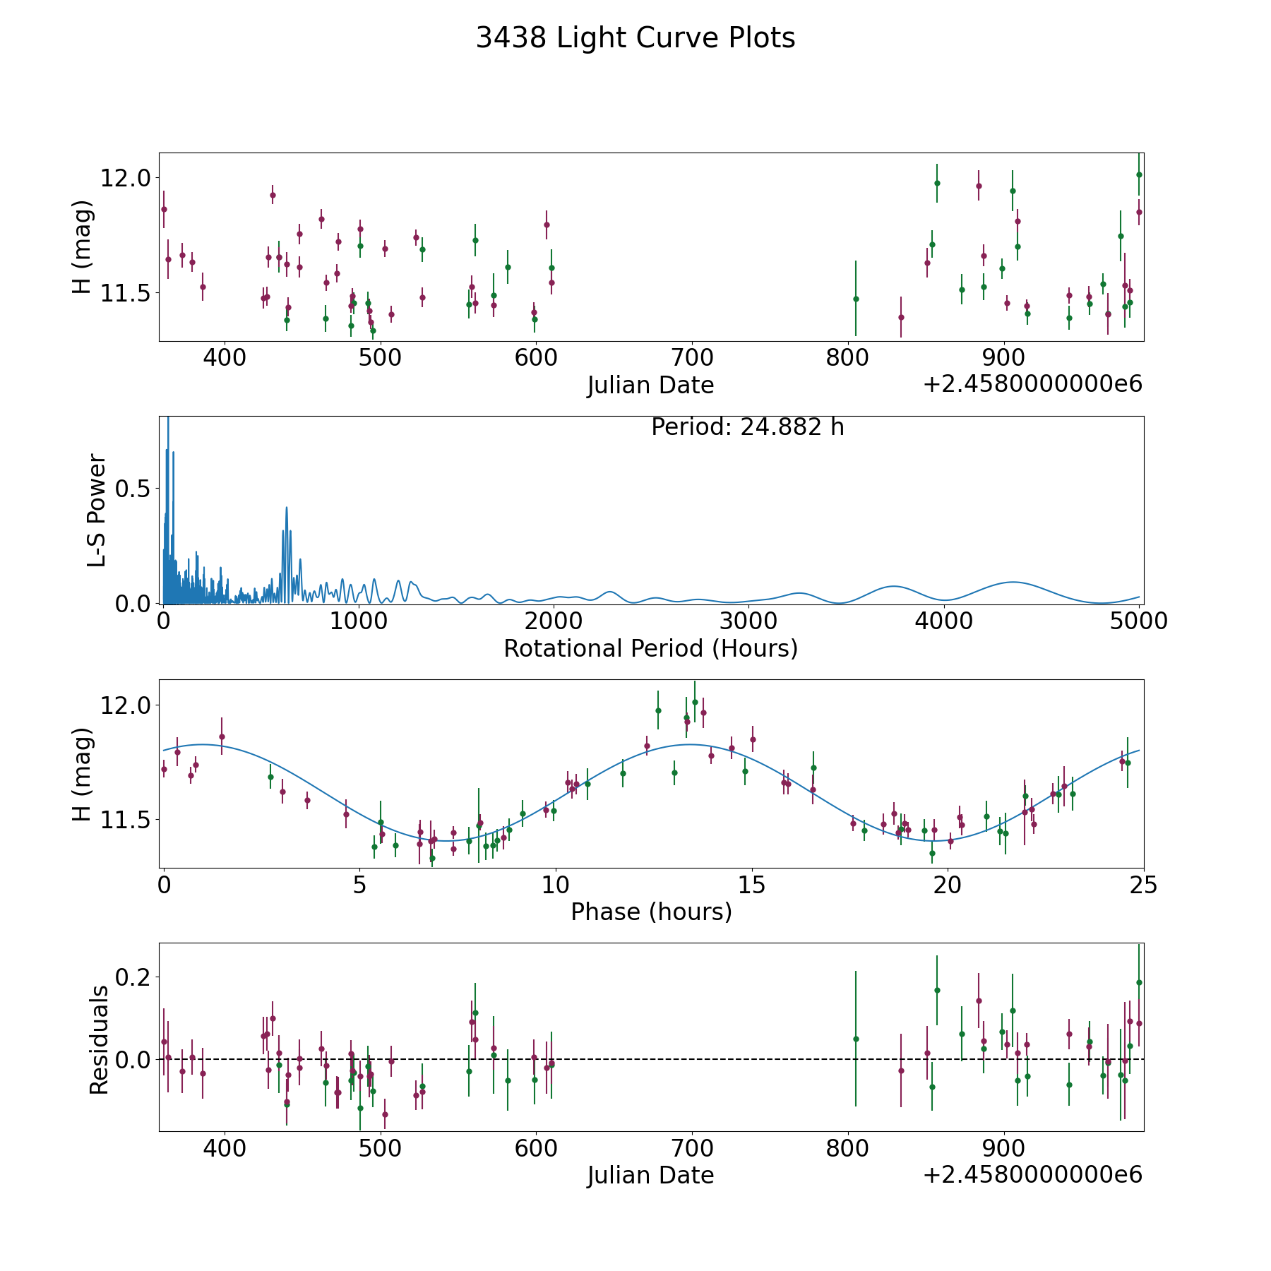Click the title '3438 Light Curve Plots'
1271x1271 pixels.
pyautogui.click(x=635, y=38)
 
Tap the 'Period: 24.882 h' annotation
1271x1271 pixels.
pyautogui.click(x=747, y=427)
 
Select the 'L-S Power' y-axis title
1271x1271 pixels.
pyautogui.click(x=97, y=511)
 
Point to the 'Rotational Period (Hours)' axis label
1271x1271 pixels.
pyautogui.click(x=650, y=648)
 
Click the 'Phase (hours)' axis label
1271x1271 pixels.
pyautogui.click(x=651, y=912)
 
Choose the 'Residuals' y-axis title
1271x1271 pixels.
pyautogui.click(x=99, y=1039)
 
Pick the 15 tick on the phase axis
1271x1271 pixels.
pyautogui.click(x=752, y=885)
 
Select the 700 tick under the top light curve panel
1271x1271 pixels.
pyautogui.click(x=692, y=358)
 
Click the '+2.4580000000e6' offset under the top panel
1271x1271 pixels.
pyautogui.click(x=1032, y=384)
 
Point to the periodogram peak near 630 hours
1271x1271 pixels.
pyautogui.click(x=287, y=508)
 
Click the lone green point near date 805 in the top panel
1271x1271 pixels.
pyautogui.click(x=856, y=299)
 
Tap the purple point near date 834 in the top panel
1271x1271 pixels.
pyautogui.click(x=901, y=317)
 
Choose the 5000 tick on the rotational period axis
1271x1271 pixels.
pyautogui.click(x=1138, y=621)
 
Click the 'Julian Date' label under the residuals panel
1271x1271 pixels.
pyautogui.click(x=650, y=1175)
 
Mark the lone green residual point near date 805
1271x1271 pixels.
pyautogui.click(x=856, y=1039)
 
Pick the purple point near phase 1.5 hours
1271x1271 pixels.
pyautogui.click(x=222, y=736)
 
